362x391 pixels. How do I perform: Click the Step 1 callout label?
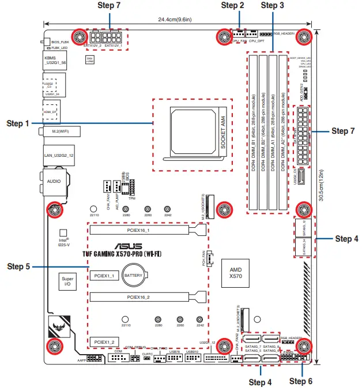coord(17,123)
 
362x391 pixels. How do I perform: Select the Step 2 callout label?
coord(233,5)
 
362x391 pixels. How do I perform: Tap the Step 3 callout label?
coord(272,5)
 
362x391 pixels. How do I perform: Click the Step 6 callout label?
coord(301,381)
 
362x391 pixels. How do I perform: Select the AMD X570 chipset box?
coord(236,273)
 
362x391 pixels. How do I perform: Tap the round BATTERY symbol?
coord(137,276)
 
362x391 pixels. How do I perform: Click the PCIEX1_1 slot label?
coord(104,276)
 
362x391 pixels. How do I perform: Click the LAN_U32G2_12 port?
coord(58,155)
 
